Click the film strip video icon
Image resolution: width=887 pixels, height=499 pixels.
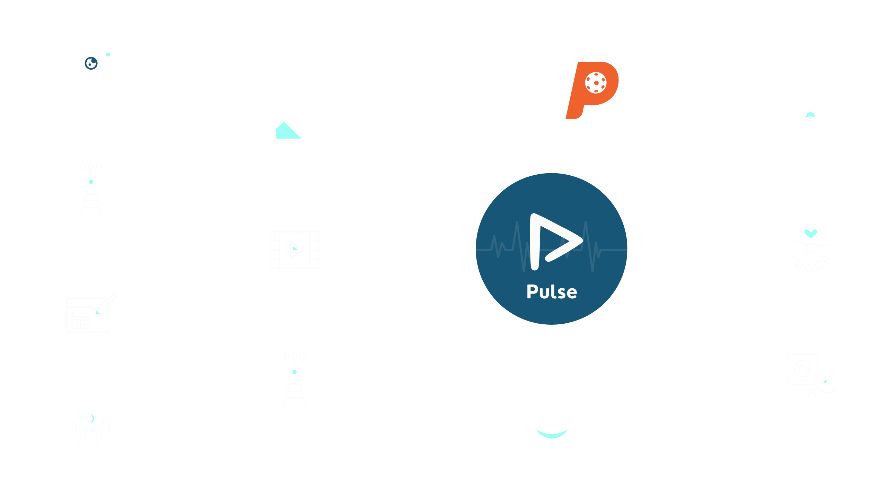[x=295, y=249]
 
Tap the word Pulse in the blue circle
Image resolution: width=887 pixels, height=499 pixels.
[x=552, y=292]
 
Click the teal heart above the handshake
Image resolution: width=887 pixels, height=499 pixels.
[x=811, y=234]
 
